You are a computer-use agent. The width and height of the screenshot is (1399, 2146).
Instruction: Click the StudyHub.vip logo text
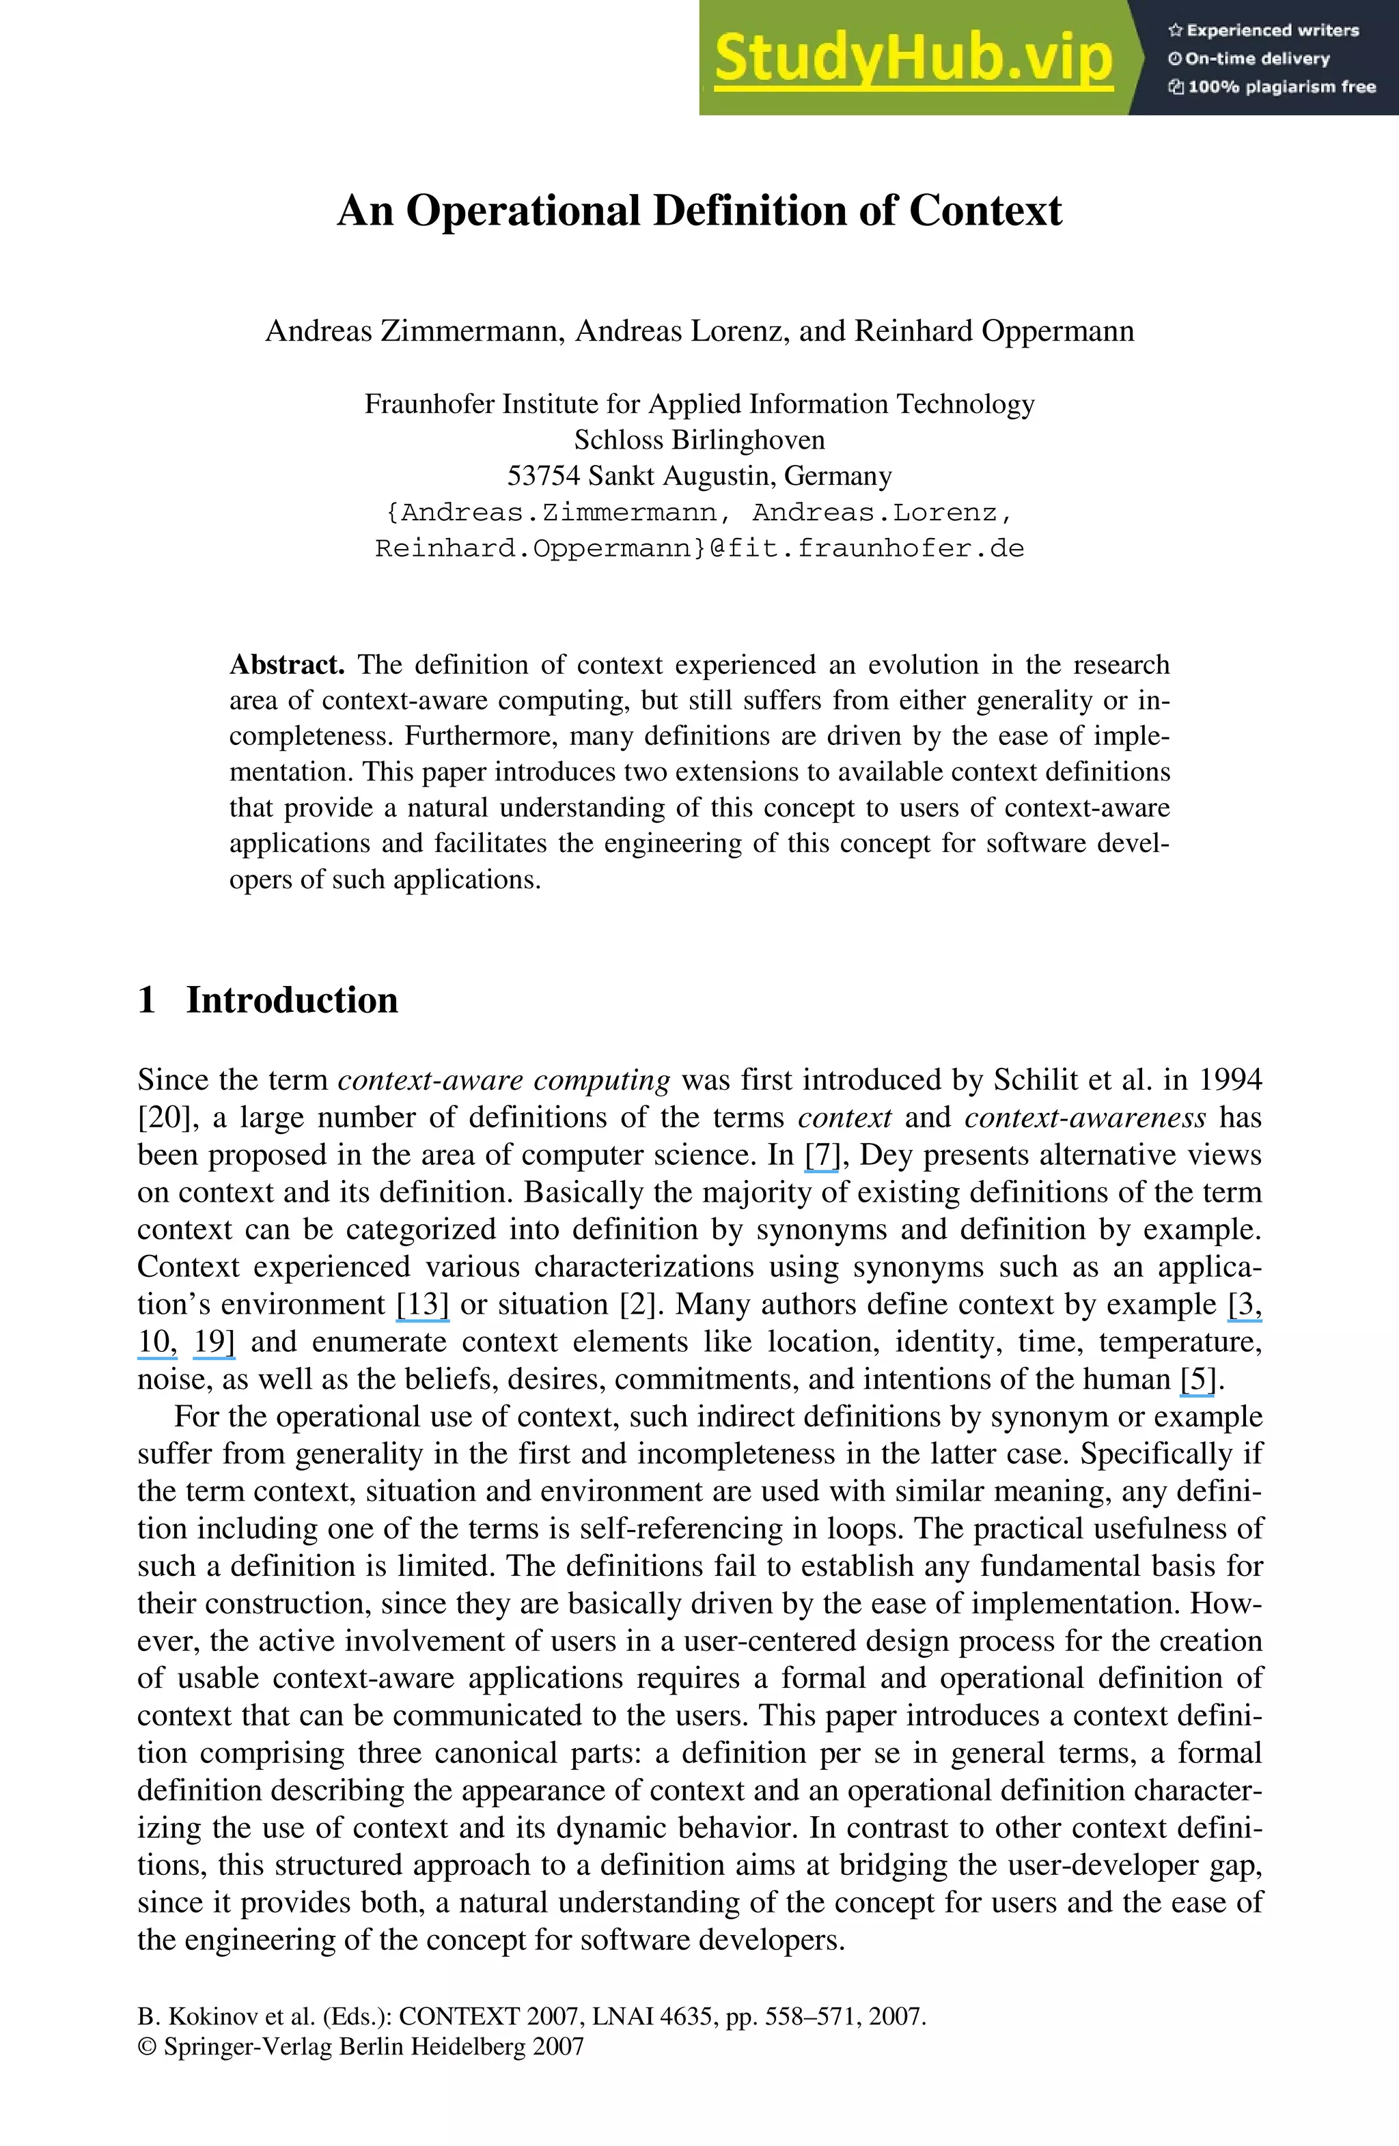pyautogui.click(x=913, y=58)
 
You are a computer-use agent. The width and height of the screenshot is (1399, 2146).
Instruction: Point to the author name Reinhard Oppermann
pyautogui.click(x=994, y=331)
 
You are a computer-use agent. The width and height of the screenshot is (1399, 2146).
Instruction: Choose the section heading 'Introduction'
pyautogui.click(x=292, y=1000)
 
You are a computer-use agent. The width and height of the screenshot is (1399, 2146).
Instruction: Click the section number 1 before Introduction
pyautogui.click(x=147, y=1000)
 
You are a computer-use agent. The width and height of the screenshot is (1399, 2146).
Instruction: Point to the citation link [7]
pyautogui.click(x=821, y=1155)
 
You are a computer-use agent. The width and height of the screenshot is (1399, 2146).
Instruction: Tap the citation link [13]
pyautogui.click(x=422, y=1304)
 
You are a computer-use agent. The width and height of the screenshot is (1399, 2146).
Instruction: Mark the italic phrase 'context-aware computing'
pyautogui.click(x=503, y=1080)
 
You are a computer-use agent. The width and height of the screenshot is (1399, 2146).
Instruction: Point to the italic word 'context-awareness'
pyautogui.click(x=1085, y=1118)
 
